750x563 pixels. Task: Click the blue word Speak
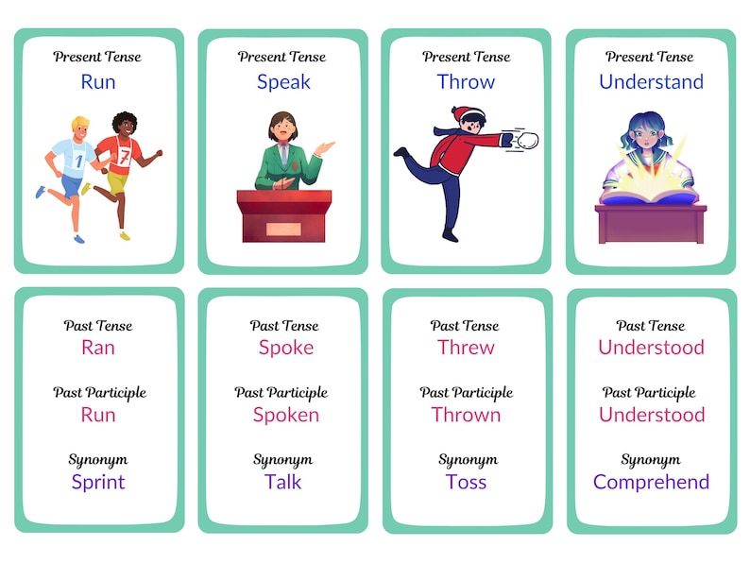coord(283,82)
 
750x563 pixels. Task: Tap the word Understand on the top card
coord(651,82)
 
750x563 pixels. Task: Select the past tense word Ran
coord(98,348)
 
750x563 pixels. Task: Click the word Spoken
coord(285,415)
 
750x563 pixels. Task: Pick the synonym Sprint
coord(98,482)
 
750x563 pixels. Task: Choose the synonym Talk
coord(283,482)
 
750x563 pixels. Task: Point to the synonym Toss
coord(467,482)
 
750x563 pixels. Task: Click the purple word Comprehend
coord(651,482)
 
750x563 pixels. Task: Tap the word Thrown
coord(467,415)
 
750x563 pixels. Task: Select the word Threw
coord(467,348)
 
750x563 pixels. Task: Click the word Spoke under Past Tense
coord(285,348)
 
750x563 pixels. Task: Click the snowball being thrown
coord(526,142)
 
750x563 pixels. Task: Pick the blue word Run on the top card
coord(98,82)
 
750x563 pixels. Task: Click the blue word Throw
coord(467,82)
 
